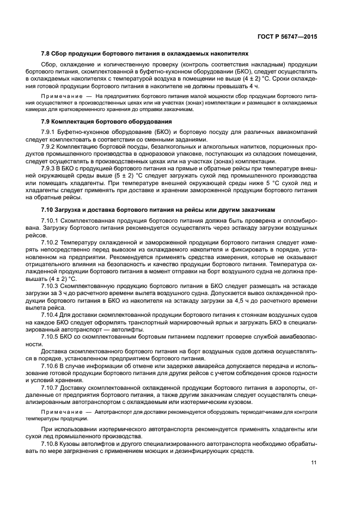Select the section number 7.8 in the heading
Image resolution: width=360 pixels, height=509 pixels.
coord(46,54)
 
